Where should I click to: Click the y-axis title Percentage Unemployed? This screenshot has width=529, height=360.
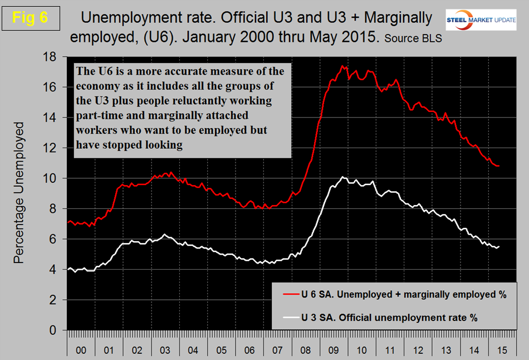coord(19,192)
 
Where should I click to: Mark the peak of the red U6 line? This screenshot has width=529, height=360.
coord(342,66)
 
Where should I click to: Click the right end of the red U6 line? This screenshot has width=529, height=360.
coord(499,166)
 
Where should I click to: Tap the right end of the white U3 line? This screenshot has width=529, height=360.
coord(499,246)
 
